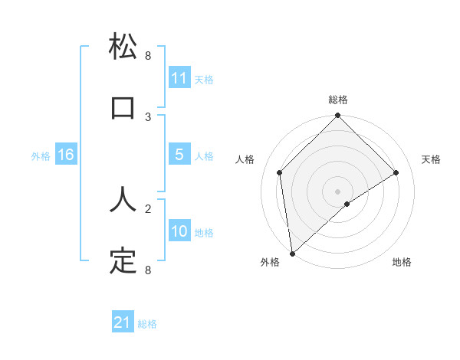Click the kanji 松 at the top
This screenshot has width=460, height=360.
[123, 47]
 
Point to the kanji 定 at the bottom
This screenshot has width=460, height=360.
[123, 260]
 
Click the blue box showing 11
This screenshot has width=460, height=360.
[179, 78]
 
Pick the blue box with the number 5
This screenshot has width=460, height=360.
[179, 155]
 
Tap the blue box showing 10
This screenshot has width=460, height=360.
[179, 231]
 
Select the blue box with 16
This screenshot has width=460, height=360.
[66, 155]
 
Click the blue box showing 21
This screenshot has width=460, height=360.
[123, 322]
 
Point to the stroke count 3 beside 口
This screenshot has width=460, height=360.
[148, 116]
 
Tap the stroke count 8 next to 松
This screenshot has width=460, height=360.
[148, 56]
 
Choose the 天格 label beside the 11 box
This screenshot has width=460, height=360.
[204, 79]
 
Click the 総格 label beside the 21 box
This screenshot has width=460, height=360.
[147, 323]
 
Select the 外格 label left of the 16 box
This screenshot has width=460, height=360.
[41, 155]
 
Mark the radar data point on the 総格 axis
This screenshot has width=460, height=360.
[337, 116]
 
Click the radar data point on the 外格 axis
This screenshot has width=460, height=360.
[292, 253]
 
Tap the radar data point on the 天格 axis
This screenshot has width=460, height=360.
[396, 172]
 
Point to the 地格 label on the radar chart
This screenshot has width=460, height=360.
[402, 262]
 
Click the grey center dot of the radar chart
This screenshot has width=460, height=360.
[337, 191]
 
